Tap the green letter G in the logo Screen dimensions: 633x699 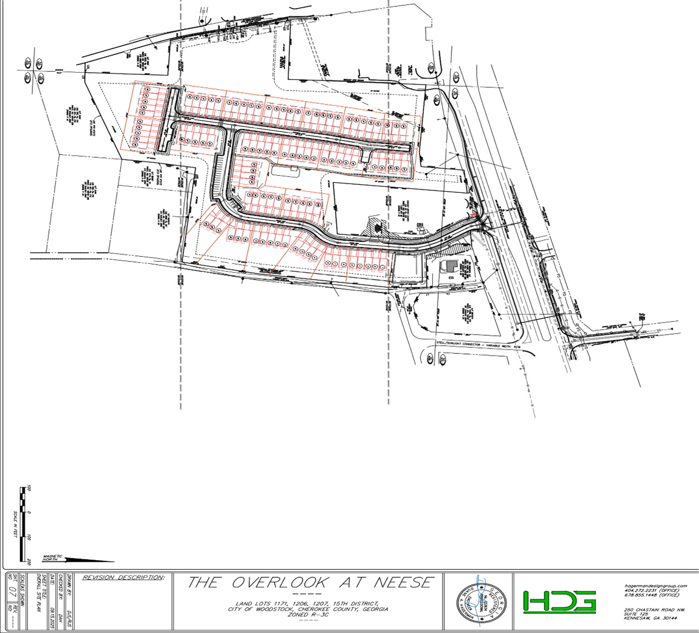[x=584, y=601]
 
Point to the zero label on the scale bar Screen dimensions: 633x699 [x=29, y=561]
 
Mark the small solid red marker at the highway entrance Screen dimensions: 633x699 [x=474, y=214]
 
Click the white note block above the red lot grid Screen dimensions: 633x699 [x=143, y=60]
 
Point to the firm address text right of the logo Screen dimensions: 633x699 [x=654, y=600]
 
